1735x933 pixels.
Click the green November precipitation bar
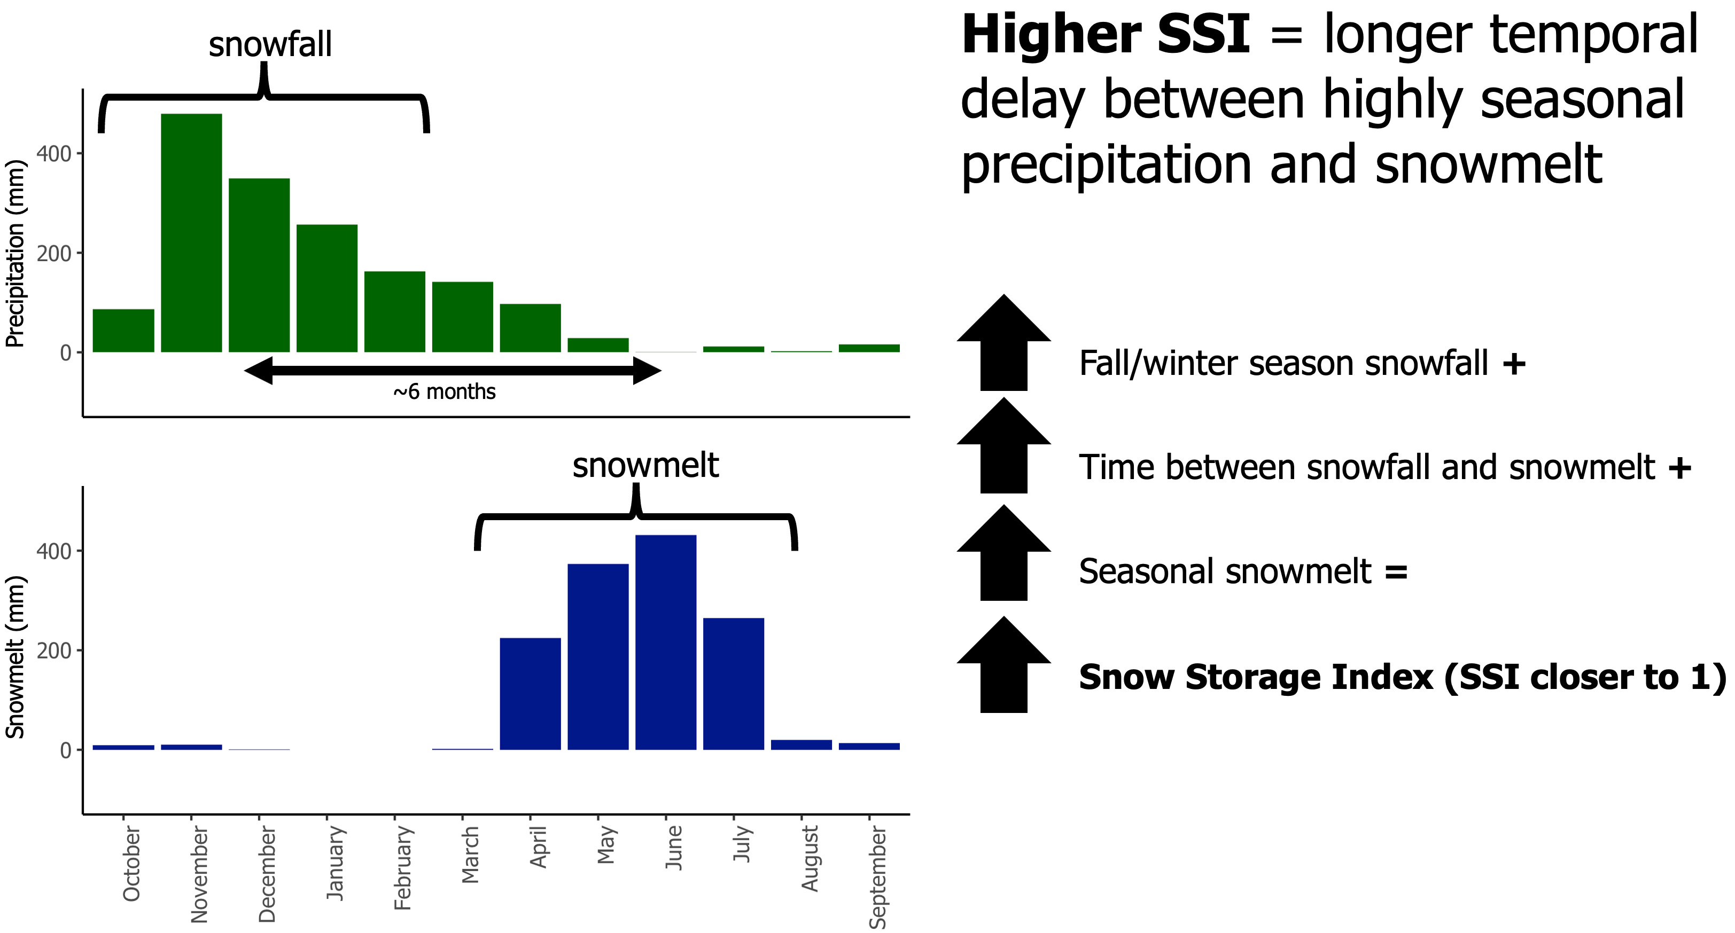[191, 233]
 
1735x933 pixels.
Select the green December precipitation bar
[259, 265]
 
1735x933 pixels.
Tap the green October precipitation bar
[123, 331]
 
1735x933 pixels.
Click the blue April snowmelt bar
[530, 693]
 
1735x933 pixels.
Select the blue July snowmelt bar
[734, 683]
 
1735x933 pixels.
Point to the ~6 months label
[445, 392]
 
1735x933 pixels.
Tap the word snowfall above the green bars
[270, 45]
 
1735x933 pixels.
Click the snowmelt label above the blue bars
[645, 465]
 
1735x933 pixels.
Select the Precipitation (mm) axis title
[15, 254]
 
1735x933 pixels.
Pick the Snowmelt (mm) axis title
[15, 657]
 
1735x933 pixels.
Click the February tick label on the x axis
[402, 868]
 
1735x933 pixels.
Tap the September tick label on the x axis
[877, 877]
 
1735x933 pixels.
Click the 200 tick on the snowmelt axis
[54, 651]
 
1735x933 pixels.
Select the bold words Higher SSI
[1104, 35]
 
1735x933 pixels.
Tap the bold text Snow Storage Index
[1256, 677]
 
